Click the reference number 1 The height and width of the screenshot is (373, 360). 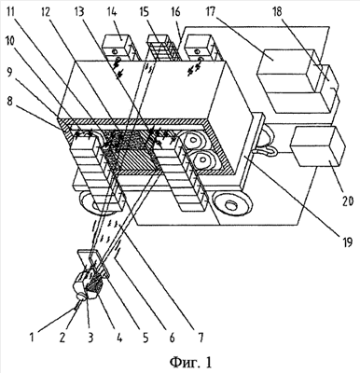click(x=32, y=338)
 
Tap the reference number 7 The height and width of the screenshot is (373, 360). click(x=201, y=338)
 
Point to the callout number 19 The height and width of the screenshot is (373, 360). click(x=347, y=242)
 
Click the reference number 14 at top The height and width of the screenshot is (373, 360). click(x=112, y=12)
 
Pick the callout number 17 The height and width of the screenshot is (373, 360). click(x=214, y=12)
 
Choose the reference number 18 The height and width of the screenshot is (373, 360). click(x=277, y=12)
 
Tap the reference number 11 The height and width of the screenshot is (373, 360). click(x=12, y=12)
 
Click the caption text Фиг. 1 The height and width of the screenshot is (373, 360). click(x=191, y=362)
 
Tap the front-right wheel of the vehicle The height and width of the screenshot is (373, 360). click(x=231, y=202)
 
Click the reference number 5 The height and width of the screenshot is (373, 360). click(x=145, y=338)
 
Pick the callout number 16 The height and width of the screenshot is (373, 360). click(x=175, y=12)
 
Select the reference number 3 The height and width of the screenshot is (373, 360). click(x=90, y=338)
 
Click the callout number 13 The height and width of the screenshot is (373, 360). click(x=79, y=12)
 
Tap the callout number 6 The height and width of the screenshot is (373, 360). click(x=172, y=338)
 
